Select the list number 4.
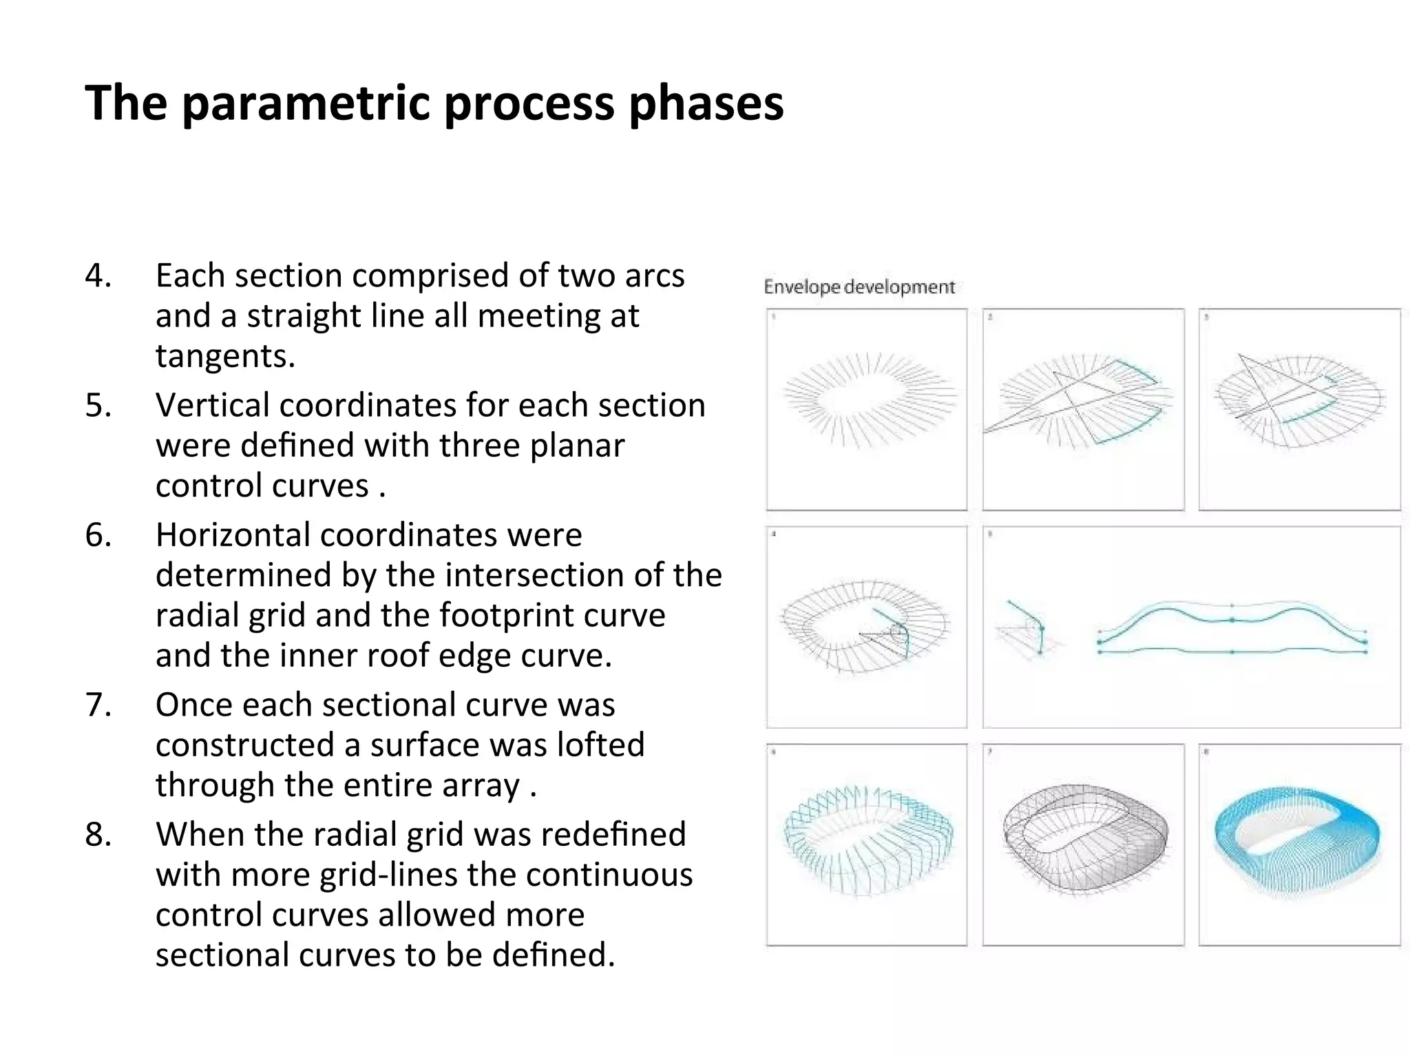pyautogui.click(x=98, y=276)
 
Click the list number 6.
pyautogui.click(x=98, y=535)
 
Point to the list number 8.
pyautogui.click(x=98, y=835)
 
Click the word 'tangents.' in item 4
pyautogui.click(x=225, y=356)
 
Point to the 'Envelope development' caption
pyautogui.click(x=859, y=287)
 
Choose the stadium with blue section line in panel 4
pyautogui.click(x=865, y=627)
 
